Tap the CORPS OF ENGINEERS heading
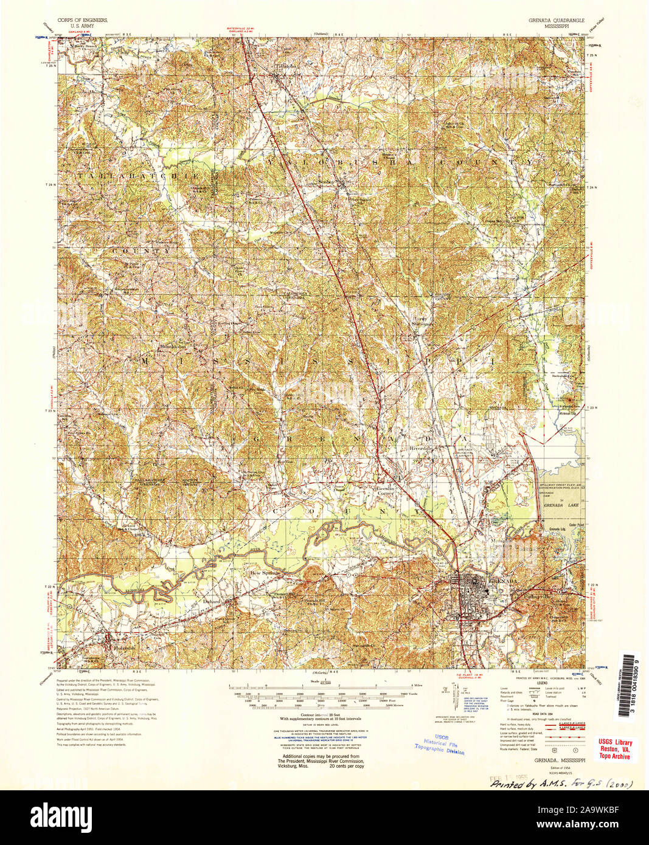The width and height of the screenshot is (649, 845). pyautogui.click(x=82, y=20)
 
